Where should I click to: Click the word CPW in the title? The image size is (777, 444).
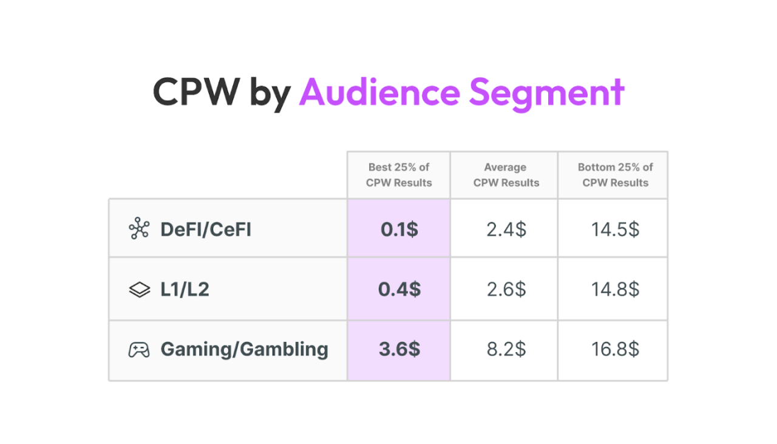[195, 92]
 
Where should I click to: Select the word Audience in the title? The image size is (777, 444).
[379, 92]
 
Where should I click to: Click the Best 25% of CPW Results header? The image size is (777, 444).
[399, 175]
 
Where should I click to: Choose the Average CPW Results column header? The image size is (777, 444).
[506, 175]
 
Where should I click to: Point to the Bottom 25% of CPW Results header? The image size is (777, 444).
[615, 175]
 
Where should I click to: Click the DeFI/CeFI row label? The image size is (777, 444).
[206, 230]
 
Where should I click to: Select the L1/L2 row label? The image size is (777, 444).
[185, 289]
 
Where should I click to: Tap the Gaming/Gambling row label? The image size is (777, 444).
[244, 349]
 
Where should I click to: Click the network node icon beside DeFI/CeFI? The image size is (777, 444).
[139, 230]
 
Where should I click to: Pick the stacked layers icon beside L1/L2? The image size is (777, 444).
[140, 290]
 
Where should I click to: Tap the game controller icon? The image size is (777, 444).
[139, 350]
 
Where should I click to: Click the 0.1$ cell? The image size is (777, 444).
[399, 230]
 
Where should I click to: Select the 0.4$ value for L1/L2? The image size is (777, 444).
[399, 289]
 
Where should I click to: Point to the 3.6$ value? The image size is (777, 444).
[399, 349]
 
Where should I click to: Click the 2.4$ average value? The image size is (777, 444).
[506, 230]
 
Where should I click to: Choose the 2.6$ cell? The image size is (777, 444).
[506, 289]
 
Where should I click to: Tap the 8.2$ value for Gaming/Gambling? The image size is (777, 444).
[506, 349]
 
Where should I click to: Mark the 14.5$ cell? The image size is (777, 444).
[615, 230]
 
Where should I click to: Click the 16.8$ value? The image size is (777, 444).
[615, 349]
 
